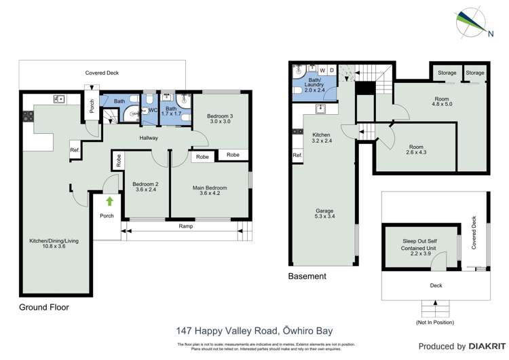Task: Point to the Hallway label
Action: (149, 138)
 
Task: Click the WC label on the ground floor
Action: (153, 110)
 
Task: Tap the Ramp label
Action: (183, 226)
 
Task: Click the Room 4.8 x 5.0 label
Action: (442, 103)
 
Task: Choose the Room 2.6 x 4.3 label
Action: (416, 150)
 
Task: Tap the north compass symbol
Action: (471, 22)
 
